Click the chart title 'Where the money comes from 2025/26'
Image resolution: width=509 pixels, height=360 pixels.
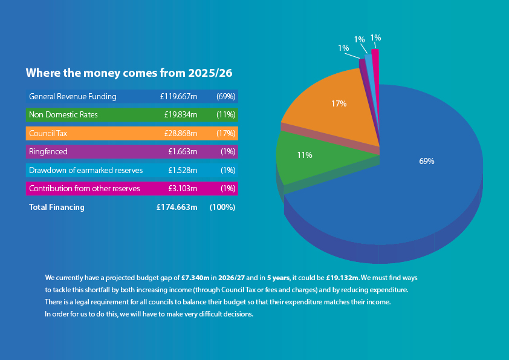tap(129, 73)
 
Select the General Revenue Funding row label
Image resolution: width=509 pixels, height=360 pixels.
tap(73, 96)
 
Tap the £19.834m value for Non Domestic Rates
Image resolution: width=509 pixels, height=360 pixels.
tap(181, 114)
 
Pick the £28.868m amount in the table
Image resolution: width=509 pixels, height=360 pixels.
tap(181, 133)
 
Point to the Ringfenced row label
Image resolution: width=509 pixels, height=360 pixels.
tap(48, 152)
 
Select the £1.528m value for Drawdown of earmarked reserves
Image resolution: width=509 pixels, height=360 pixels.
tap(183, 170)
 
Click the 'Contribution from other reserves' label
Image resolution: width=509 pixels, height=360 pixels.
tap(85, 189)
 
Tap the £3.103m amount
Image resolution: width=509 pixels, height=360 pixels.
tap(183, 189)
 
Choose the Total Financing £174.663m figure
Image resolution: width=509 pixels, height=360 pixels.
tap(177, 208)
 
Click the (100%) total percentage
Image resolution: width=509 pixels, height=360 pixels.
tap(222, 208)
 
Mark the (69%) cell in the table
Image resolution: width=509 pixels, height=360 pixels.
tap(225, 96)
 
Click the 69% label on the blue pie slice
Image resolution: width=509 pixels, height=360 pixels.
tap(426, 161)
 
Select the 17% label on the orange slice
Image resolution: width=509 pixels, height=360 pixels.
tap(339, 103)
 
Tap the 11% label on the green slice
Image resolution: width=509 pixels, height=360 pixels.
tap(304, 155)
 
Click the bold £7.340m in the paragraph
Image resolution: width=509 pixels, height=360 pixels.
tap(195, 278)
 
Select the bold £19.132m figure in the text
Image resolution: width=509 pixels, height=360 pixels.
tap(342, 278)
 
